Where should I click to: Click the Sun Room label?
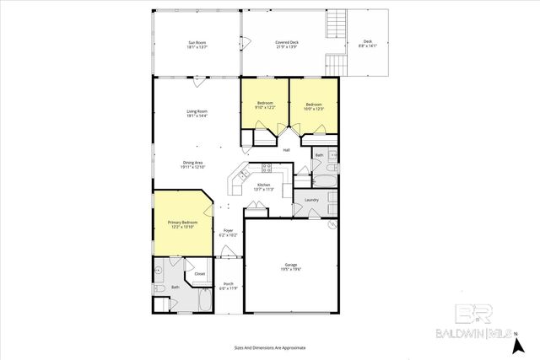[x=197, y=45]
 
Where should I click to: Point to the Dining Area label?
[x=192, y=164]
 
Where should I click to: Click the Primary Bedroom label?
[x=182, y=224]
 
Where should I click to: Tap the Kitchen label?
[x=263, y=187]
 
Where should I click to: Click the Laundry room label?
[x=310, y=199]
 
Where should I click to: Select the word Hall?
[x=286, y=150]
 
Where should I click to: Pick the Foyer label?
[x=227, y=232]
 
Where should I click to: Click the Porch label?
[x=227, y=287]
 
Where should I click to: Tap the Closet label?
[x=200, y=273]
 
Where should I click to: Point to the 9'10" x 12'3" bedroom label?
[x=265, y=106]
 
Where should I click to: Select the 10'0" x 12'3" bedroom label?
[x=313, y=106]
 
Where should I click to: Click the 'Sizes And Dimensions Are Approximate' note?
[x=269, y=347]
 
